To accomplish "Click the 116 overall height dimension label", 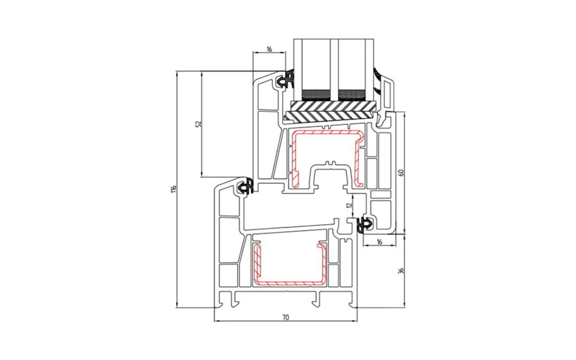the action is tap(175, 189).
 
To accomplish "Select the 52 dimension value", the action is tap(198, 124).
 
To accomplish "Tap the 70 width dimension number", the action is tap(286, 318).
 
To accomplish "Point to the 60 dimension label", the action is tap(401, 172).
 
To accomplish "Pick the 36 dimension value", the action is tap(401, 271).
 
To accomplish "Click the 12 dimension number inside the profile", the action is tap(349, 205).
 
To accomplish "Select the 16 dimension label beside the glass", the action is tap(269, 49).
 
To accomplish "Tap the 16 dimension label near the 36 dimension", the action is tap(379, 242).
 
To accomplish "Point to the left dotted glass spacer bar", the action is tap(316, 95).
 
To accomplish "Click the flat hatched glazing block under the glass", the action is tap(333, 106).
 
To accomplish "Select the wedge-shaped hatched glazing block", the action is tap(329, 116).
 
